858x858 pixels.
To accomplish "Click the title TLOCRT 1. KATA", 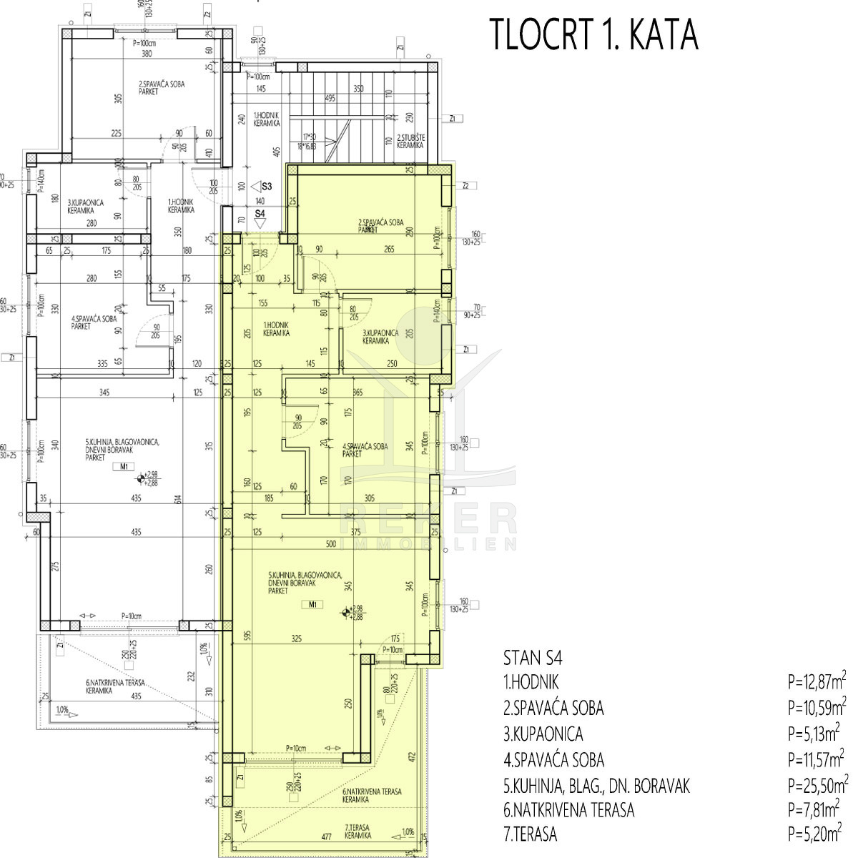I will point(593,35).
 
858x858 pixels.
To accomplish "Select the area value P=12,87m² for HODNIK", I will point(817,683).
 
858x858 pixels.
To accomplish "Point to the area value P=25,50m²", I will point(817,786).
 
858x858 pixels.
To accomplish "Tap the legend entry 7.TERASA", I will point(530,834).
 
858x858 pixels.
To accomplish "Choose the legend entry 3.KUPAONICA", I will point(543,734).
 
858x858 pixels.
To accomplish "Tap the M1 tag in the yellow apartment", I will point(312,605).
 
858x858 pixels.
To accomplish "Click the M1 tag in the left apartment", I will point(123,467).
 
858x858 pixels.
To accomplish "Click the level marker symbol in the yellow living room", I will point(346,612).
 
